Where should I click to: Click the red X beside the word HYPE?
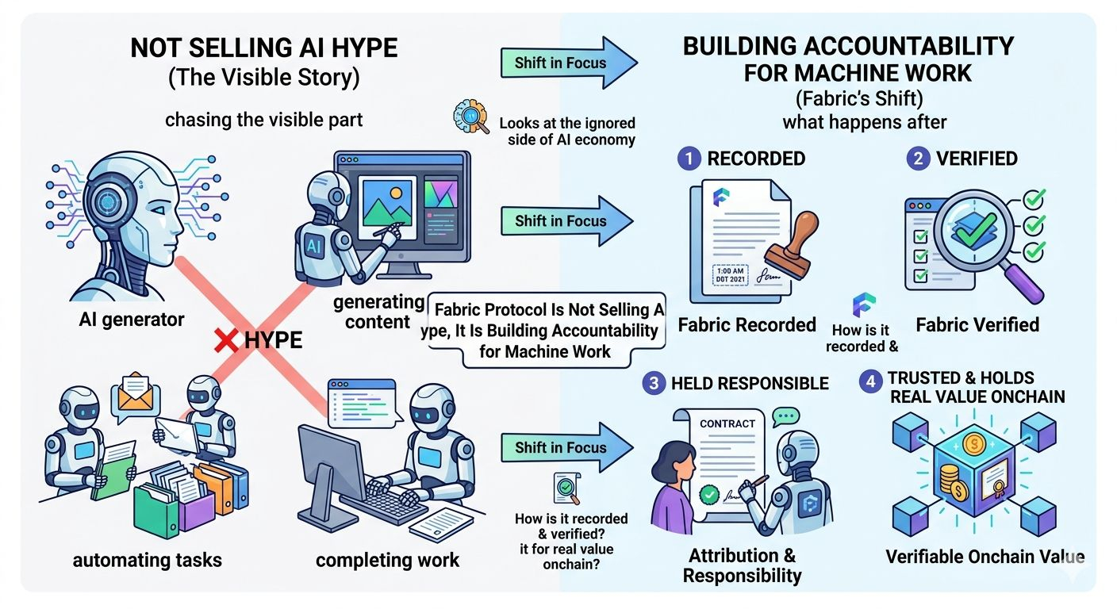point(228,341)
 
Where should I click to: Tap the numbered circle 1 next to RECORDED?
point(689,159)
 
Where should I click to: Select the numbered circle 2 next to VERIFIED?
point(919,159)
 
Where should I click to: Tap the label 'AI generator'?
point(132,320)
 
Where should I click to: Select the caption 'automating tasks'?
point(148,561)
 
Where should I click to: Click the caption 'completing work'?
point(387,561)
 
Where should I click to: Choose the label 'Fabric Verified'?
point(977,324)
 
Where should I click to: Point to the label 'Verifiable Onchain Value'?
point(985,557)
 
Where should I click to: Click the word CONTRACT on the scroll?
point(727,424)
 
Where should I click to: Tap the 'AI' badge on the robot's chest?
point(313,247)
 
